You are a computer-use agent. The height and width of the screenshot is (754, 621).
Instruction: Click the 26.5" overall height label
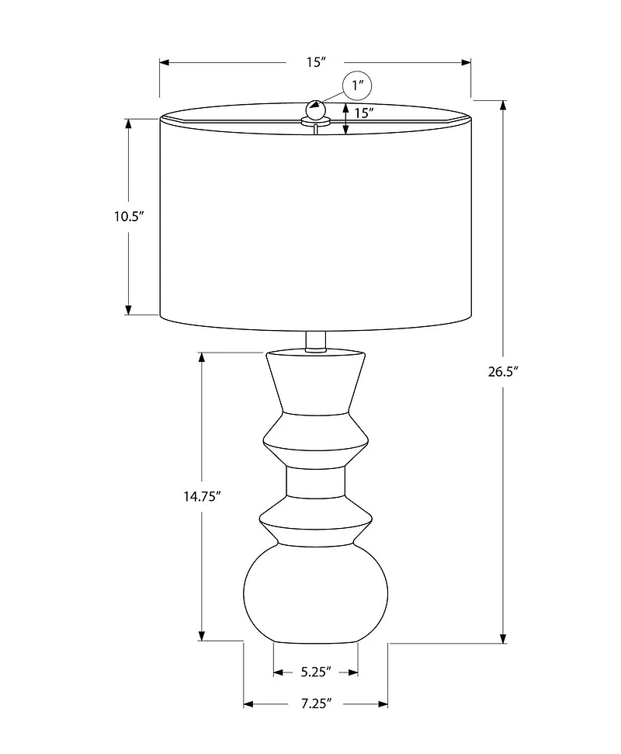pos(503,371)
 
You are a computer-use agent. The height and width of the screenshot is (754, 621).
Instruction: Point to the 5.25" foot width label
pos(316,670)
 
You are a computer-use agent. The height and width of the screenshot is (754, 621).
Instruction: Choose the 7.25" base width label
pos(316,704)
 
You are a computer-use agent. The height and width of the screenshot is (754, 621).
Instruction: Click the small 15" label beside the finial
pos(364,113)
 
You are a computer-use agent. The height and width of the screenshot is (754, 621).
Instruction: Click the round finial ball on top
pos(315,109)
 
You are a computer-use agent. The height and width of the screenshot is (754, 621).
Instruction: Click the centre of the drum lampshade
pos(315,221)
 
